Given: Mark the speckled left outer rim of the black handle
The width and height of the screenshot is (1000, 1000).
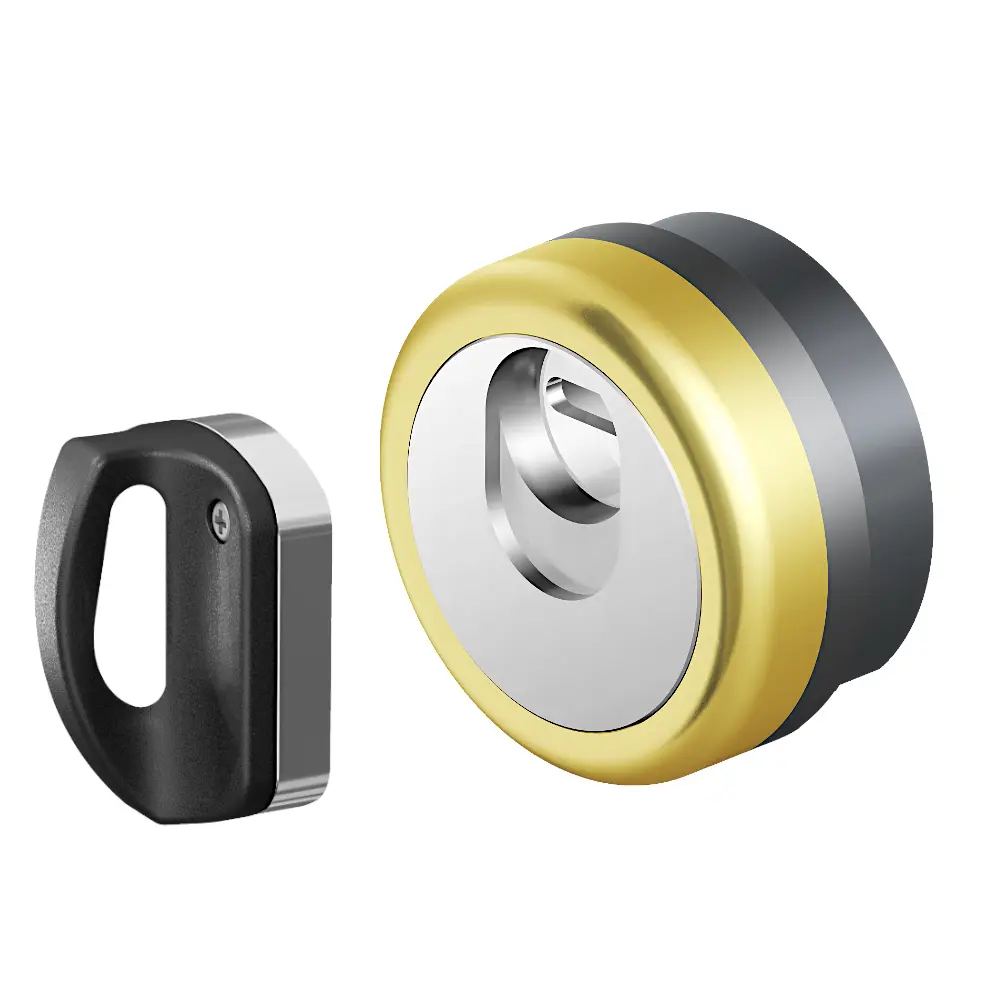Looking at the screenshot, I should [50, 600].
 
